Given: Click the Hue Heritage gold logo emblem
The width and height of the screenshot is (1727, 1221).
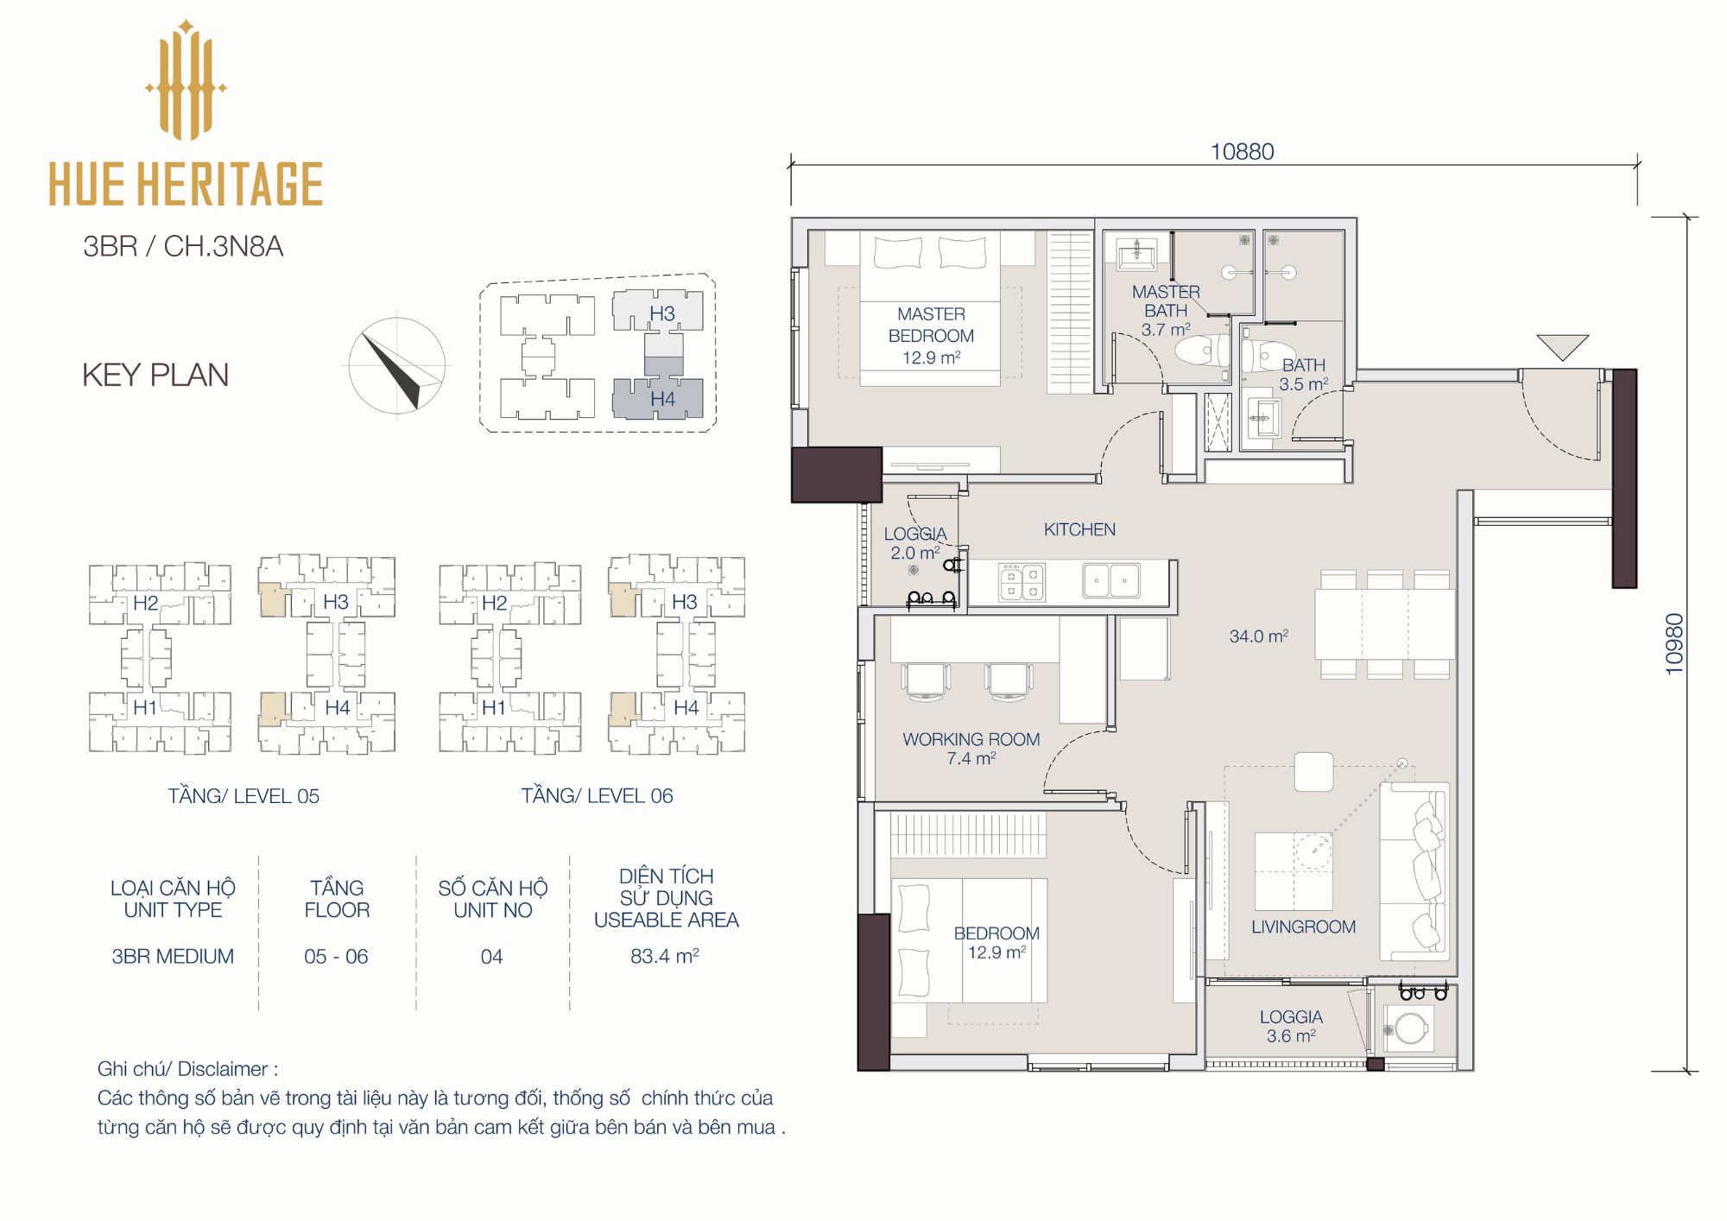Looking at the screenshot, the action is click(186, 80).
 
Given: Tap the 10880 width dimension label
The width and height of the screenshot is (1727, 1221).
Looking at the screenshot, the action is click(1242, 152).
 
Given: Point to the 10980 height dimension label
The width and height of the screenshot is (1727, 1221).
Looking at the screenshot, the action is click(1674, 643).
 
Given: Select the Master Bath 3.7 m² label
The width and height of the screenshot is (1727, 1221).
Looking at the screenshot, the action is click(1166, 311).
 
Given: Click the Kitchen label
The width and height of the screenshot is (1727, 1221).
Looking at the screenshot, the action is click(1079, 529).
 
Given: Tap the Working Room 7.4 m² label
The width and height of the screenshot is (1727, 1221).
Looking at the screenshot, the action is click(971, 749).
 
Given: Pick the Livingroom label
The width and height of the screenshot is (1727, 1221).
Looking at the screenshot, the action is click(1303, 927).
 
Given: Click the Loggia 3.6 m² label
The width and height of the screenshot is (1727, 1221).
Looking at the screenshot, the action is click(1291, 1027).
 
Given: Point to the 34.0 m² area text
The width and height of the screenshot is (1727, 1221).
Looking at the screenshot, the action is click(1259, 636).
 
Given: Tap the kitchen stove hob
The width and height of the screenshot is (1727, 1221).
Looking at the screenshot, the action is click(1022, 582).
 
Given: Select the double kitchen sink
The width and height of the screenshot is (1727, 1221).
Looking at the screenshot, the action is click(1111, 581).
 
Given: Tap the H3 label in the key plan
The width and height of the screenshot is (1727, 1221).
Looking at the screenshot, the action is click(662, 313).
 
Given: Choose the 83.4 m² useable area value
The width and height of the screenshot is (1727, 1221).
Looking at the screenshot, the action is click(665, 956).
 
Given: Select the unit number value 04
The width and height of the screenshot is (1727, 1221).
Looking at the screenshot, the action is click(491, 957).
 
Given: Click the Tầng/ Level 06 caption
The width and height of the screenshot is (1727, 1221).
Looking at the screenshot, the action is click(597, 796).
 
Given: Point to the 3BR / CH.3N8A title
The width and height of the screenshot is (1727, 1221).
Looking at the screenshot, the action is click(183, 246).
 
